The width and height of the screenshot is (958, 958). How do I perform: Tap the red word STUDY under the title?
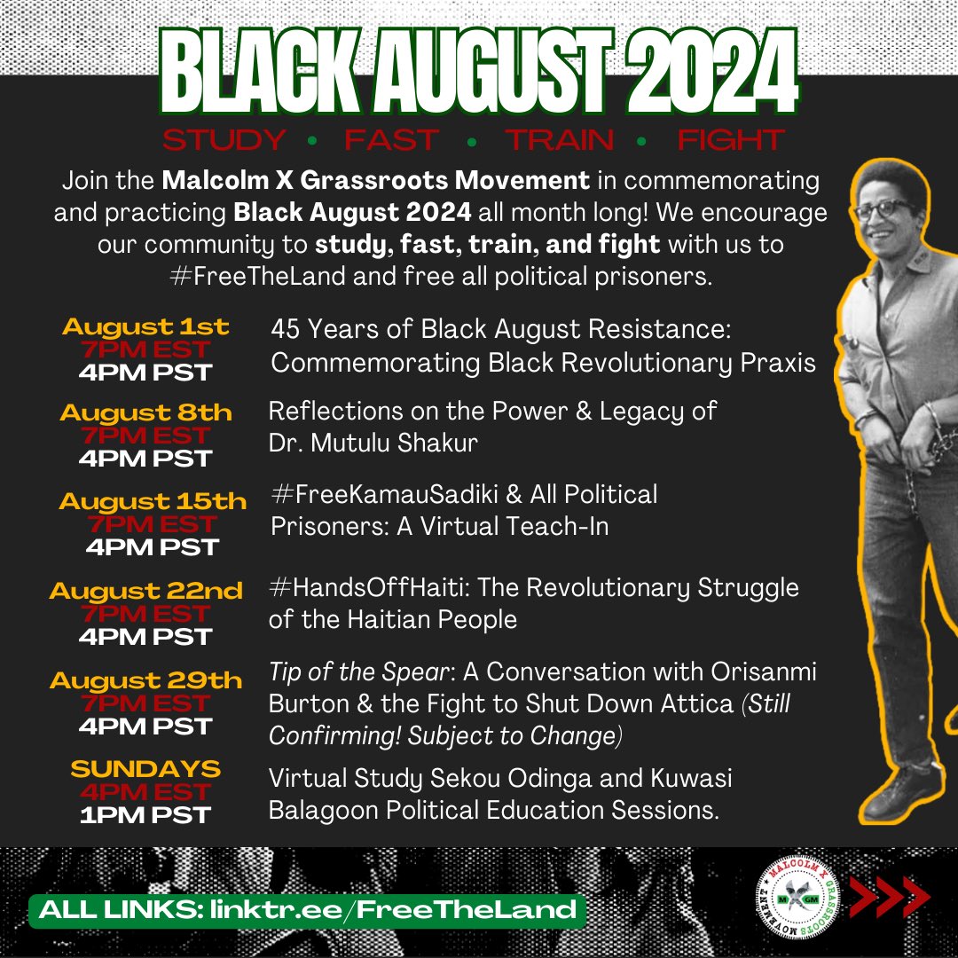[x=224, y=141]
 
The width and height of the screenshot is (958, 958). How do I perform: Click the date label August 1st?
[x=145, y=326]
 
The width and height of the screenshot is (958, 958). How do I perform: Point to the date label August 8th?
[x=145, y=412]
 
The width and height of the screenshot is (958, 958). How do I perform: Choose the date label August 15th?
[x=152, y=501]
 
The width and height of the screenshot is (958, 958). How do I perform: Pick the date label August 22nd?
[x=145, y=591]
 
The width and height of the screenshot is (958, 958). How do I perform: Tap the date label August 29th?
[x=145, y=680]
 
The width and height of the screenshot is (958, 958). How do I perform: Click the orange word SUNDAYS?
[x=145, y=768]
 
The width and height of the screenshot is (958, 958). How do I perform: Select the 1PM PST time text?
[x=145, y=814]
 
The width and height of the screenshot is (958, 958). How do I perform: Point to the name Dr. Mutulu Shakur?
[x=373, y=443]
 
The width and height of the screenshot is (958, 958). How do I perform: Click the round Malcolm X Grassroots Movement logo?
[x=797, y=901]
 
